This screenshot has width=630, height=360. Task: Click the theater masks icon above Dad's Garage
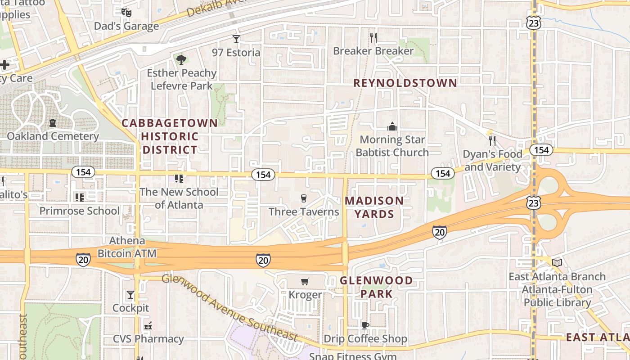(126, 12)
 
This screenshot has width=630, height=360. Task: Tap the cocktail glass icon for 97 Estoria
(236, 39)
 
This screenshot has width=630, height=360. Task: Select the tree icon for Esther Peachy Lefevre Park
(181, 59)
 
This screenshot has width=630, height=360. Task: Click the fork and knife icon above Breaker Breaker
(373, 37)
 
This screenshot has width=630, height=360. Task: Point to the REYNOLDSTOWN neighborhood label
(405, 83)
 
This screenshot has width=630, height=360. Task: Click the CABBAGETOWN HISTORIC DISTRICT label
(170, 136)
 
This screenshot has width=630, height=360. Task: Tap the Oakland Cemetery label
(53, 136)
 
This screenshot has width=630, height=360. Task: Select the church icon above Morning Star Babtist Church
(392, 126)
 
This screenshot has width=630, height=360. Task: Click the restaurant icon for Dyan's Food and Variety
(492, 140)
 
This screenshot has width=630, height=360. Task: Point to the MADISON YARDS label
(374, 207)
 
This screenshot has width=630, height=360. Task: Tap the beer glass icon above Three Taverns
(303, 198)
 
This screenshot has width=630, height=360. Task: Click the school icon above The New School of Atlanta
(179, 179)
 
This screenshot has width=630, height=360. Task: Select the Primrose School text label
(80, 211)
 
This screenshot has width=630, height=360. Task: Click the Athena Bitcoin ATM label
(127, 247)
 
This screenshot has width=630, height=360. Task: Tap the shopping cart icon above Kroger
(305, 282)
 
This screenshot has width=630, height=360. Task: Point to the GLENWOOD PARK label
(376, 287)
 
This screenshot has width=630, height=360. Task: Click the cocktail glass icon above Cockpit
(130, 295)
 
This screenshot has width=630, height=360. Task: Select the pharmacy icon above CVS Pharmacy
(148, 326)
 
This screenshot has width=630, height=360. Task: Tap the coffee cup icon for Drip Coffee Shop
(365, 325)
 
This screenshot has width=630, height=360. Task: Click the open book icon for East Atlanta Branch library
(557, 263)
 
